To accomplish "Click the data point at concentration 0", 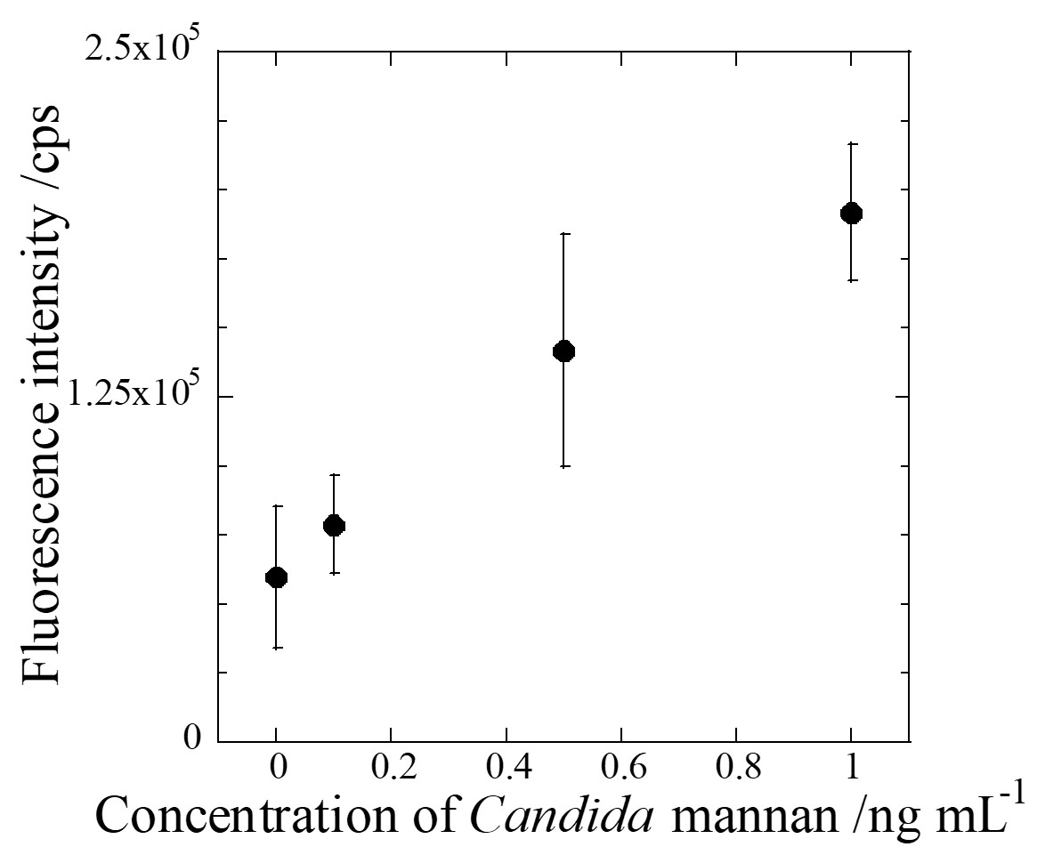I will click(x=277, y=577).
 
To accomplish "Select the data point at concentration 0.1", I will click(x=334, y=525).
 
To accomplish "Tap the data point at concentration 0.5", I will click(x=563, y=351).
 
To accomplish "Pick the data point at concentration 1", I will click(x=851, y=213).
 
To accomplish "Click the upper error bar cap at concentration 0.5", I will click(x=563, y=233).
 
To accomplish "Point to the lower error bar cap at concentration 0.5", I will click(x=563, y=466).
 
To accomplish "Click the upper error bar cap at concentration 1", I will click(x=851, y=142).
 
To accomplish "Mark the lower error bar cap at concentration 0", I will click(x=277, y=648).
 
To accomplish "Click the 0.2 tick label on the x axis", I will click(x=392, y=767).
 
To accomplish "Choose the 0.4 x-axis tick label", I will click(x=506, y=767).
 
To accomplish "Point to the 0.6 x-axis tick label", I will click(x=620, y=767).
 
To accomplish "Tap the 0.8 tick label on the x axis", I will click(x=735, y=767).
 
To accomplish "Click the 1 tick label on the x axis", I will click(x=851, y=767).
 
